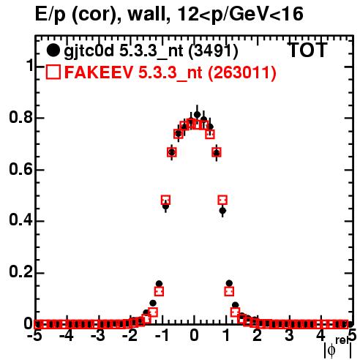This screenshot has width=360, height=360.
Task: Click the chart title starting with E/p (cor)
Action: click(169, 14)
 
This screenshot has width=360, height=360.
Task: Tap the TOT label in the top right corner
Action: click(307, 50)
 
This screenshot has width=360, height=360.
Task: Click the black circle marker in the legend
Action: click(53, 50)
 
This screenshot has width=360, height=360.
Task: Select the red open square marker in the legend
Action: click(53, 72)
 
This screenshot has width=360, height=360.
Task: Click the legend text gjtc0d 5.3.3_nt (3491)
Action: click(151, 50)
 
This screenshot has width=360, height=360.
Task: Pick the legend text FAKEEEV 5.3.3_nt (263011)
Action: click(170, 72)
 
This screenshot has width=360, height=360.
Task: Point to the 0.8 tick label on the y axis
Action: click(20, 117)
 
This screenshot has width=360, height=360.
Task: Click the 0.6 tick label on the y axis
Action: click(20, 169)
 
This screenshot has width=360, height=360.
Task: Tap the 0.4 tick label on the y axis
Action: click(20, 220)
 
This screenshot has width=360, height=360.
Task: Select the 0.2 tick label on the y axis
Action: click(20, 272)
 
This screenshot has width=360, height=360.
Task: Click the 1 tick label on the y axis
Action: click(30, 65)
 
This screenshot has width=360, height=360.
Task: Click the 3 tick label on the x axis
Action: click(289, 335)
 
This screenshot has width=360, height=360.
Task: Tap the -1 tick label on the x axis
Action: click(162, 335)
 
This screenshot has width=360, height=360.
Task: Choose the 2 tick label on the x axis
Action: click(258, 335)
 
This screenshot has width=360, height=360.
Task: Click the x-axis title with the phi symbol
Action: click(338, 348)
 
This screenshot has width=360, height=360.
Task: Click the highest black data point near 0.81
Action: click(198, 115)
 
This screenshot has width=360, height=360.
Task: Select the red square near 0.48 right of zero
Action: click(222, 200)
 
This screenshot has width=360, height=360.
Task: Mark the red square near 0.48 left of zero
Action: click(165, 200)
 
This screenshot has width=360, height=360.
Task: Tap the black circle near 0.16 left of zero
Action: click(159, 284)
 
